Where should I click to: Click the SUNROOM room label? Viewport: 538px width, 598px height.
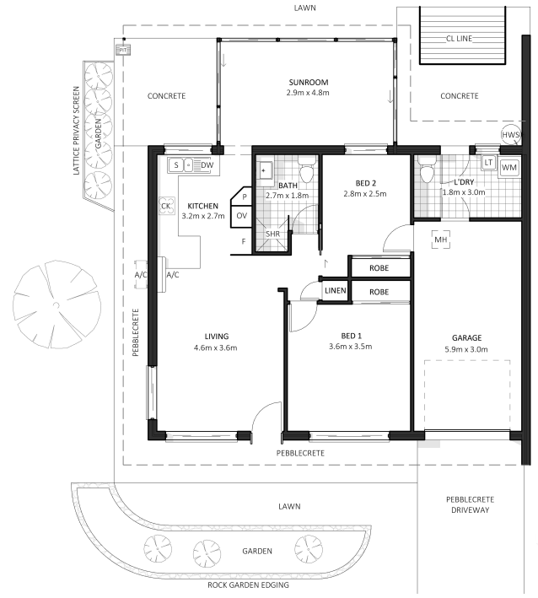[x=308, y=83]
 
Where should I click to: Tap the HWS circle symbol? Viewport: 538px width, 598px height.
[x=511, y=135]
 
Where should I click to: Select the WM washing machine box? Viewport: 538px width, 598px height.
[x=509, y=168]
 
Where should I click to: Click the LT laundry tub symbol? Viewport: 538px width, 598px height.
[x=488, y=163]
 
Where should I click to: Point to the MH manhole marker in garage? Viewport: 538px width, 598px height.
[x=441, y=240]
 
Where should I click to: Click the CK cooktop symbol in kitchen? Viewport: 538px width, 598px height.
[x=166, y=206]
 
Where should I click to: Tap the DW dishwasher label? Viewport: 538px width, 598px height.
[x=207, y=165]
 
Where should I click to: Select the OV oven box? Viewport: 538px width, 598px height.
[x=241, y=216]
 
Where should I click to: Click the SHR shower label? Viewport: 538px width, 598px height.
[x=272, y=234]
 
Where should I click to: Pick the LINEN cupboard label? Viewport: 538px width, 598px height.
[x=335, y=291]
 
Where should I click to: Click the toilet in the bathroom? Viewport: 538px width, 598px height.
[x=307, y=171]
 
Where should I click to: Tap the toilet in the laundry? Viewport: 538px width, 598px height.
[x=426, y=171]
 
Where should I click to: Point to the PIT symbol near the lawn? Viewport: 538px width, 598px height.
[x=123, y=50]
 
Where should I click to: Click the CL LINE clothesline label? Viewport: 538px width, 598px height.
[x=459, y=39]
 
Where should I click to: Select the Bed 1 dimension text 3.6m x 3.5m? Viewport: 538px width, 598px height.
[x=351, y=347]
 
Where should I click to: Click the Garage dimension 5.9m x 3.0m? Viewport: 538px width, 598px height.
[x=466, y=349]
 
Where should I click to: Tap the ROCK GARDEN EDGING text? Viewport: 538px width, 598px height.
[x=248, y=585]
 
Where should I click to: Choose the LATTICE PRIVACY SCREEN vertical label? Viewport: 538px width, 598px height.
[x=76, y=131]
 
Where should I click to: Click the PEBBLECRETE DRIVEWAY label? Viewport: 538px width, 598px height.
[x=471, y=504]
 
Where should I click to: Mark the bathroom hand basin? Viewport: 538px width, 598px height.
[x=266, y=170]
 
